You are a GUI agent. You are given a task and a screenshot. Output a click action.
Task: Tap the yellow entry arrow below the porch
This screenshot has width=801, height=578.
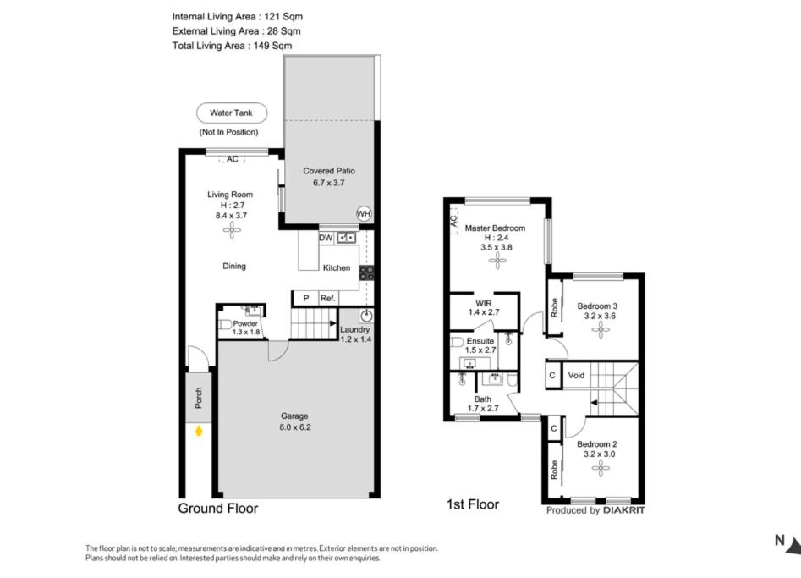coord(199,432)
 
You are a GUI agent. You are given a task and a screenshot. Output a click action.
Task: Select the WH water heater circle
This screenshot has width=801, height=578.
coord(364,213)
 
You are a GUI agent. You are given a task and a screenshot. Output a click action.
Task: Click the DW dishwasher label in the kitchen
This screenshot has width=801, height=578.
coord(326,238)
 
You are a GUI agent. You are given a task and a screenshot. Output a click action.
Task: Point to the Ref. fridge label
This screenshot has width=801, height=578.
coord(327,298)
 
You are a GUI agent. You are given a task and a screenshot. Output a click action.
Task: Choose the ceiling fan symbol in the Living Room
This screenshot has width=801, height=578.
coord(232,230)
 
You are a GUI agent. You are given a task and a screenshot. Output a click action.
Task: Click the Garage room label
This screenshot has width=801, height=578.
coord(294,416)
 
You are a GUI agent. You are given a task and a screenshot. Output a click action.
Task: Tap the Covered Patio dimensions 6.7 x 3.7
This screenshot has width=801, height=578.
coord(329,183)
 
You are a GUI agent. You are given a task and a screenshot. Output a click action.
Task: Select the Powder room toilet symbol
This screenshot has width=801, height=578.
coord(225,325)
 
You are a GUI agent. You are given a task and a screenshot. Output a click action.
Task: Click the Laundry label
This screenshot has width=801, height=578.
coord(355,330)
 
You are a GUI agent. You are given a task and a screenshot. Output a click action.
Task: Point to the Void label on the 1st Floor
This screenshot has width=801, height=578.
coord(576,375)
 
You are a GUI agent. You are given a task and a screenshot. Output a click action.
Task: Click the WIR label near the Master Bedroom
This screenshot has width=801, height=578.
coord(484,303)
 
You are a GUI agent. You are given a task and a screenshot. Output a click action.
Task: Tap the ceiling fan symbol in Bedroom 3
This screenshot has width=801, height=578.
coord(601,330)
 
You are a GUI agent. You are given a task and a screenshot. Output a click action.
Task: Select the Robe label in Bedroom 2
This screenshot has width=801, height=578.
coord(554,470)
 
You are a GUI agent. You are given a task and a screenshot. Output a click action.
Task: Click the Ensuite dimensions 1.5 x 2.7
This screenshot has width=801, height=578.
coord(480,350)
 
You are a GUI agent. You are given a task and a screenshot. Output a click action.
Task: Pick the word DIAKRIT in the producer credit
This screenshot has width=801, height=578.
coord(623,510)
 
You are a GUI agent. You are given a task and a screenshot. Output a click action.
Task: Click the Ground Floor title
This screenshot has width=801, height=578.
coord(218,508)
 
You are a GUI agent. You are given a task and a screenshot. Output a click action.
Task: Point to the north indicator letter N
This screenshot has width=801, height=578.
coord(780,540)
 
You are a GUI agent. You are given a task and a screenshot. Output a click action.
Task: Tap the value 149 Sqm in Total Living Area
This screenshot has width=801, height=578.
coord(273,46)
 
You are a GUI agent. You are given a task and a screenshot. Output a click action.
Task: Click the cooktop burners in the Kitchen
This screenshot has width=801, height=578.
coord(366,272)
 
